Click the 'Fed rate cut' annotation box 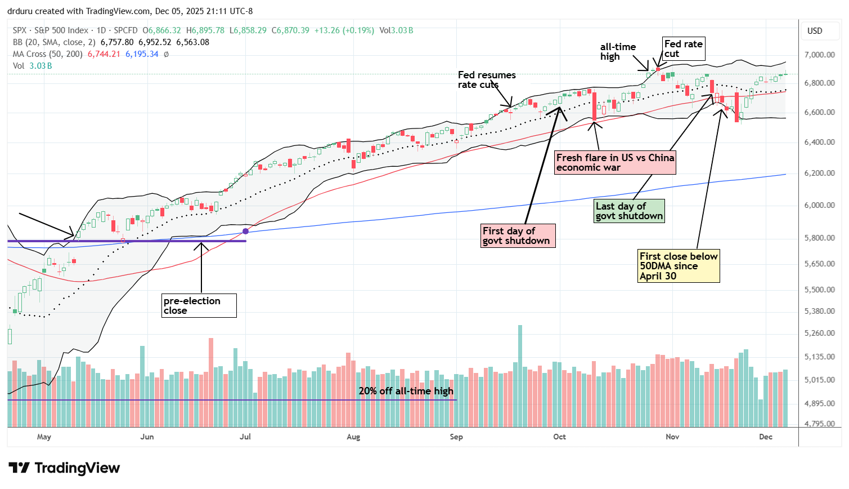[x=683, y=49]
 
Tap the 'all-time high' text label [x=617, y=52]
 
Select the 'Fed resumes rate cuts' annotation [x=486, y=79]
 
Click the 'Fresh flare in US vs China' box [x=615, y=162]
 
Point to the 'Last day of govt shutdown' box [x=629, y=211]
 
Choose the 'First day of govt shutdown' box [x=516, y=235]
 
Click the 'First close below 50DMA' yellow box [x=678, y=266]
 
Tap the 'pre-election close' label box [x=198, y=305]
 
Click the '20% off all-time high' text [x=406, y=391]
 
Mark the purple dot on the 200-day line [x=245, y=231]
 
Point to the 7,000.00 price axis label [x=819, y=55]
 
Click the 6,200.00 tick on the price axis [x=819, y=173]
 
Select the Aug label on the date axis [x=353, y=437]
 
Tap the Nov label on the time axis [x=672, y=437]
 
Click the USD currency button [x=815, y=30]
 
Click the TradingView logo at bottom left [x=64, y=468]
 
